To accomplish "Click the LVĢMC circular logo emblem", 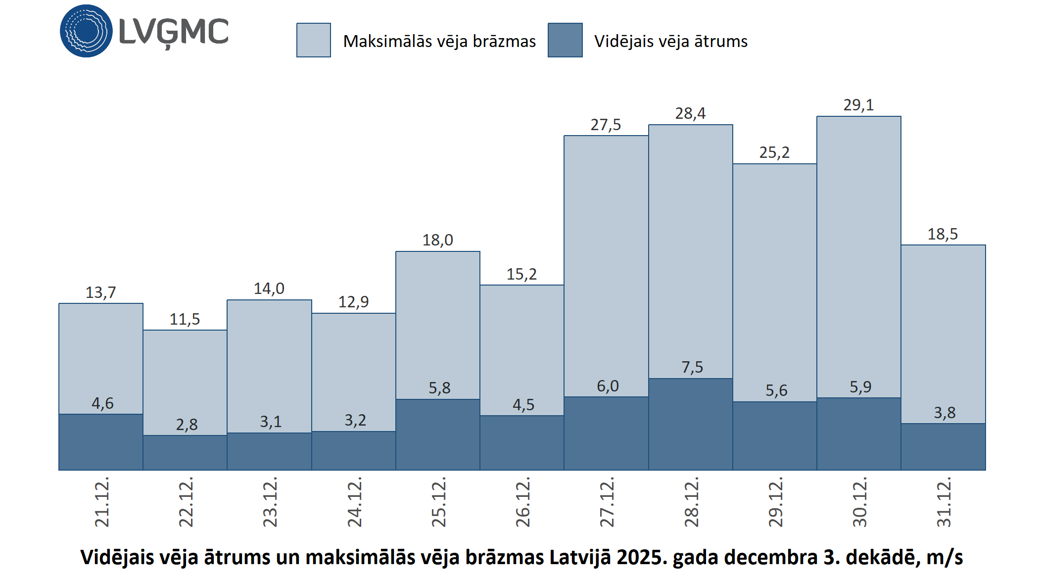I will (x=86, y=31).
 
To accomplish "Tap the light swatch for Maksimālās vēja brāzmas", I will (x=314, y=40).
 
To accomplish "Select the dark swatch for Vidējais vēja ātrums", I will (x=565, y=40).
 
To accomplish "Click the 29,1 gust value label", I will (x=858, y=105).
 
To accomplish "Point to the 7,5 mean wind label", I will (x=692, y=367).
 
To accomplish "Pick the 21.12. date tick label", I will (x=102, y=502).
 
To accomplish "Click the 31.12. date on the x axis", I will (x=944, y=502).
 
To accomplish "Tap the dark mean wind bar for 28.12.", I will (x=690, y=424).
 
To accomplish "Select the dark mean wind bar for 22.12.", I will (x=185, y=452).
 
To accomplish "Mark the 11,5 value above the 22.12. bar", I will (x=185, y=319).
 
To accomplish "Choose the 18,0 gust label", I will (x=437, y=240).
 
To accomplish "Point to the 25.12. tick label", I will (x=439, y=502).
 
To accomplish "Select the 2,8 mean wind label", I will (x=187, y=425).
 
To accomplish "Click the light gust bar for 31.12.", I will (x=943, y=334).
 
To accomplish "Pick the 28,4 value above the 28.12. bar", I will (x=690, y=113).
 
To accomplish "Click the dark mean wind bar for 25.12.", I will (x=438, y=434).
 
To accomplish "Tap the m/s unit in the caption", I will (x=944, y=557).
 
